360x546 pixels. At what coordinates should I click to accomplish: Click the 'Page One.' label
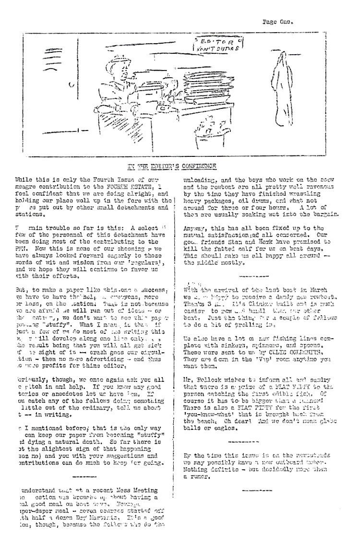point(278,22)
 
